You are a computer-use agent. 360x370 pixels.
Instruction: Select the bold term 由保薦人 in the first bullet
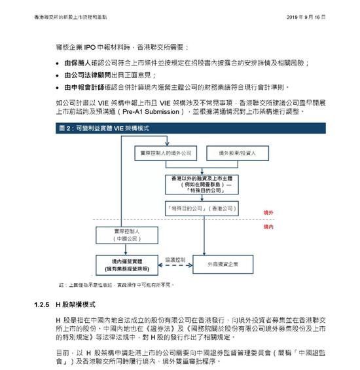pyautogui.click(x=77, y=62)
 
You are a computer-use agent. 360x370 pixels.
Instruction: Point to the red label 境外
pyautogui.click(x=268, y=213)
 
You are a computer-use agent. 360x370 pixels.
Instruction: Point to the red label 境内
pyautogui.click(x=268, y=227)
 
